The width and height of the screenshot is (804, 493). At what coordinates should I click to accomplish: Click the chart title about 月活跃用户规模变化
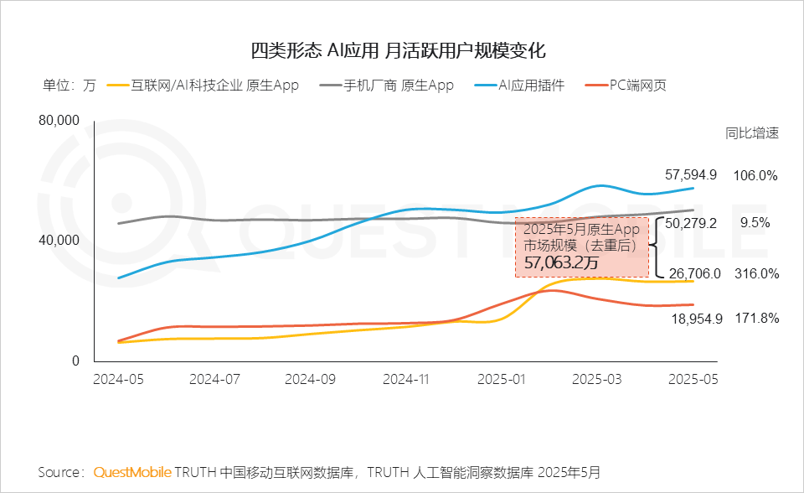pos(403,49)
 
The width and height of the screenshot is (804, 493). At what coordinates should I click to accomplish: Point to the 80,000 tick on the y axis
pos(59,121)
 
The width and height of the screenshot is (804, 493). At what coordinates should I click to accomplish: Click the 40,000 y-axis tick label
pos(59,241)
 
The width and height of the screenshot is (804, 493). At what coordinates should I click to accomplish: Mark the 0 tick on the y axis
pos(75,361)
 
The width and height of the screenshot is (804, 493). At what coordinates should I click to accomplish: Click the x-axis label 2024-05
pos(119,379)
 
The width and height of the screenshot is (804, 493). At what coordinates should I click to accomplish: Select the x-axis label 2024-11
pos(405,379)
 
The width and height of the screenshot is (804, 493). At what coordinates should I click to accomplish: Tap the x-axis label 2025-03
pos(598,379)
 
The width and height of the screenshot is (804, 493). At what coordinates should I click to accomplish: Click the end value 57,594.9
pos(691,175)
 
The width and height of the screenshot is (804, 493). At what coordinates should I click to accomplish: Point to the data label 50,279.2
pos(691,224)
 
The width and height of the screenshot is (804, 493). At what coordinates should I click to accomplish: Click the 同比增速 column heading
pos(752,132)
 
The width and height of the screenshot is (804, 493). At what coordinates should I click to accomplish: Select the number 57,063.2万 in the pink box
pos(561,263)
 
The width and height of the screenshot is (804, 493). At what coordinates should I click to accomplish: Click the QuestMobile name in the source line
pos(132,472)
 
